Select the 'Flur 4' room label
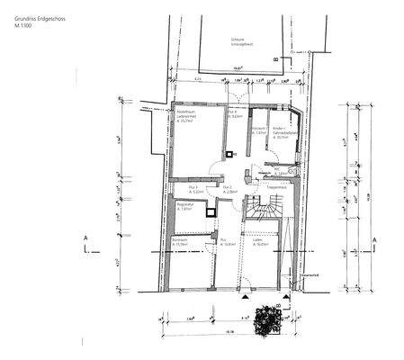click(231, 113)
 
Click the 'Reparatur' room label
click(184, 206)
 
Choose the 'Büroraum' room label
click(179, 242)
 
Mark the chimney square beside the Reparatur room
click(211, 212)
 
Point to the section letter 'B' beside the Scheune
click(286, 59)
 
